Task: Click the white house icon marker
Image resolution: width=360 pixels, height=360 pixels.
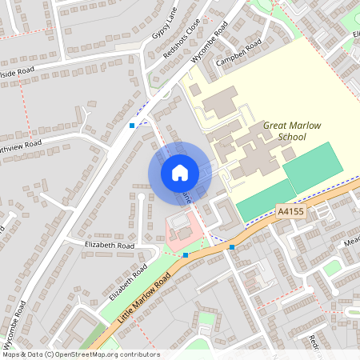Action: coord(180,173)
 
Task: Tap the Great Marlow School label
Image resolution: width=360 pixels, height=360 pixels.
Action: coord(286,131)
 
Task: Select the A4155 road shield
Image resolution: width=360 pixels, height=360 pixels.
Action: coord(290,211)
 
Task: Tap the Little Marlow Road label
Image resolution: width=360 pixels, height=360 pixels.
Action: coord(146,295)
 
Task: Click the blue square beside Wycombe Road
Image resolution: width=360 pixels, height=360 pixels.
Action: coord(132,126)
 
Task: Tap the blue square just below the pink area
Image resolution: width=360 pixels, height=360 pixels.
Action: coord(186,255)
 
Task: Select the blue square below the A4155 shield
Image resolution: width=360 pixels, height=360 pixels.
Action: coord(232,247)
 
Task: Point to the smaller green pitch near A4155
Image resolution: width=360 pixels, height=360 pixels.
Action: coord(264,200)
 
